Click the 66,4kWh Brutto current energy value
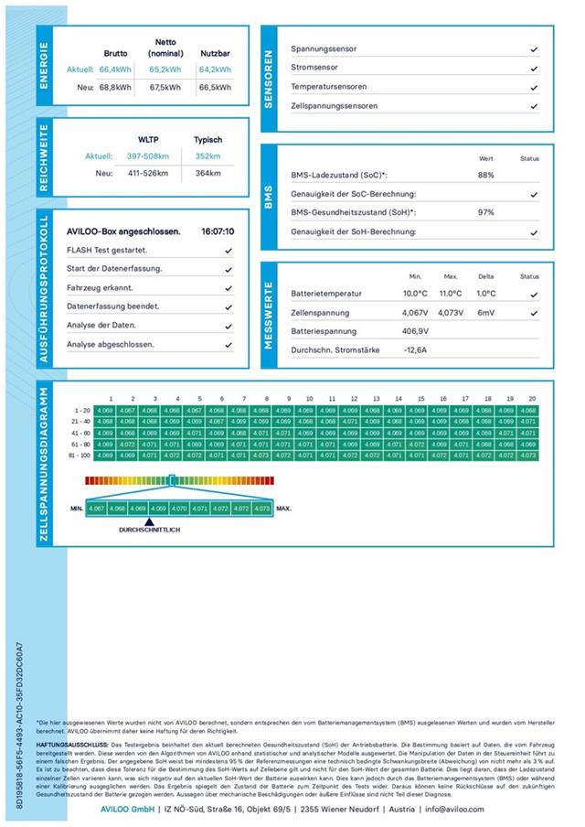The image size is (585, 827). pyautogui.click(x=116, y=69)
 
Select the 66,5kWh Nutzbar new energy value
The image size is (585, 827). pyautogui.click(x=215, y=87)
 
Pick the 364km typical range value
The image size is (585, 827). pyautogui.click(x=208, y=173)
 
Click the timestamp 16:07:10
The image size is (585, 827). pyautogui.click(x=217, y=231)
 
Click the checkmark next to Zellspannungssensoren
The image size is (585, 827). pyautogui.click(x=533, y=106)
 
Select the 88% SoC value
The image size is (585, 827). pyautogui.click(x=485, y=175)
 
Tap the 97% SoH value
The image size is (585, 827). pyautogui.click(x=485, y=212)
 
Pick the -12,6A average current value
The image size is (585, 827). pyautogui.click(x=416, y=350)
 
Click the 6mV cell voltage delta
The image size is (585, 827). pyautogui.click(x=485, y=312)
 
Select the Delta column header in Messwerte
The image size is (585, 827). pyautogui.click(x=485, y=275)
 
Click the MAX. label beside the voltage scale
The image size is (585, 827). pyautogui.click(x=284, y=507)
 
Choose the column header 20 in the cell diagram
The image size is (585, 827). pyautogui.click(x=531, y=399)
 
